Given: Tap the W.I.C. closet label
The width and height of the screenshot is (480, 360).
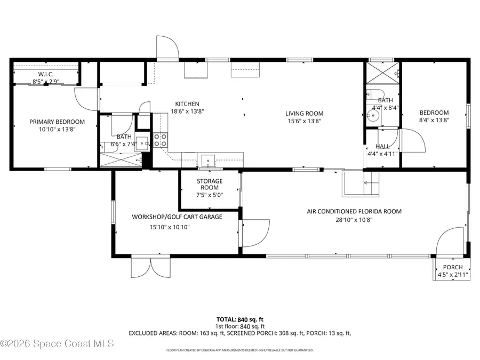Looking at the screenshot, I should click(x=45, y=74).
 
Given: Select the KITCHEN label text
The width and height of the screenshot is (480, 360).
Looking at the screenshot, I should click(x=187, y=104).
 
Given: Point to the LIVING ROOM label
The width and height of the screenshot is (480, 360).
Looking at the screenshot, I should click(x=304, y=113).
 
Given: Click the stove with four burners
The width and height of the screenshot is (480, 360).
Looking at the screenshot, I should click(x=161, y=140).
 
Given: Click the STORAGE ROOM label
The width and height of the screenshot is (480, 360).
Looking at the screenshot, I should click(x=210, y=185).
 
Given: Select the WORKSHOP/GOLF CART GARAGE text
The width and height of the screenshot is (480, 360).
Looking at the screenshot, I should click(x=177, y=217).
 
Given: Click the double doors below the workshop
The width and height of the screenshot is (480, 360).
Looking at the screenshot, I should click(x=151, y=267).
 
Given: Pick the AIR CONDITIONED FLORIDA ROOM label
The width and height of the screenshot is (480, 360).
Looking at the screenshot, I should click(x=354, y=212).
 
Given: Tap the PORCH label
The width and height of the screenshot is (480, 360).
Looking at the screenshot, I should click(x=453, y=268).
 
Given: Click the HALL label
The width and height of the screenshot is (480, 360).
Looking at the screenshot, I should click(x=382, y=146).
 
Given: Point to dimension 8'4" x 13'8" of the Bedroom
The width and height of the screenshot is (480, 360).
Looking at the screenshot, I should click(x=434, y=121).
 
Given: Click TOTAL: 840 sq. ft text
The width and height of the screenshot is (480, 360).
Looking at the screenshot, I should click(x=239, y=319).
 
